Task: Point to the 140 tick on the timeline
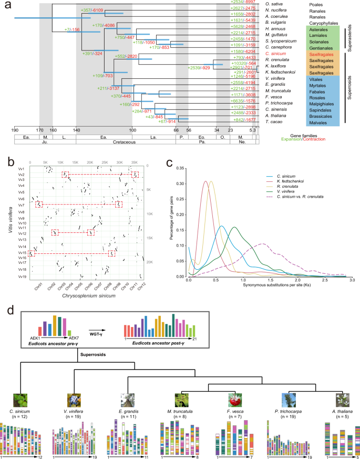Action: (x=76, y=130)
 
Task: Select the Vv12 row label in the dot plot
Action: (x=22, y=233)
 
